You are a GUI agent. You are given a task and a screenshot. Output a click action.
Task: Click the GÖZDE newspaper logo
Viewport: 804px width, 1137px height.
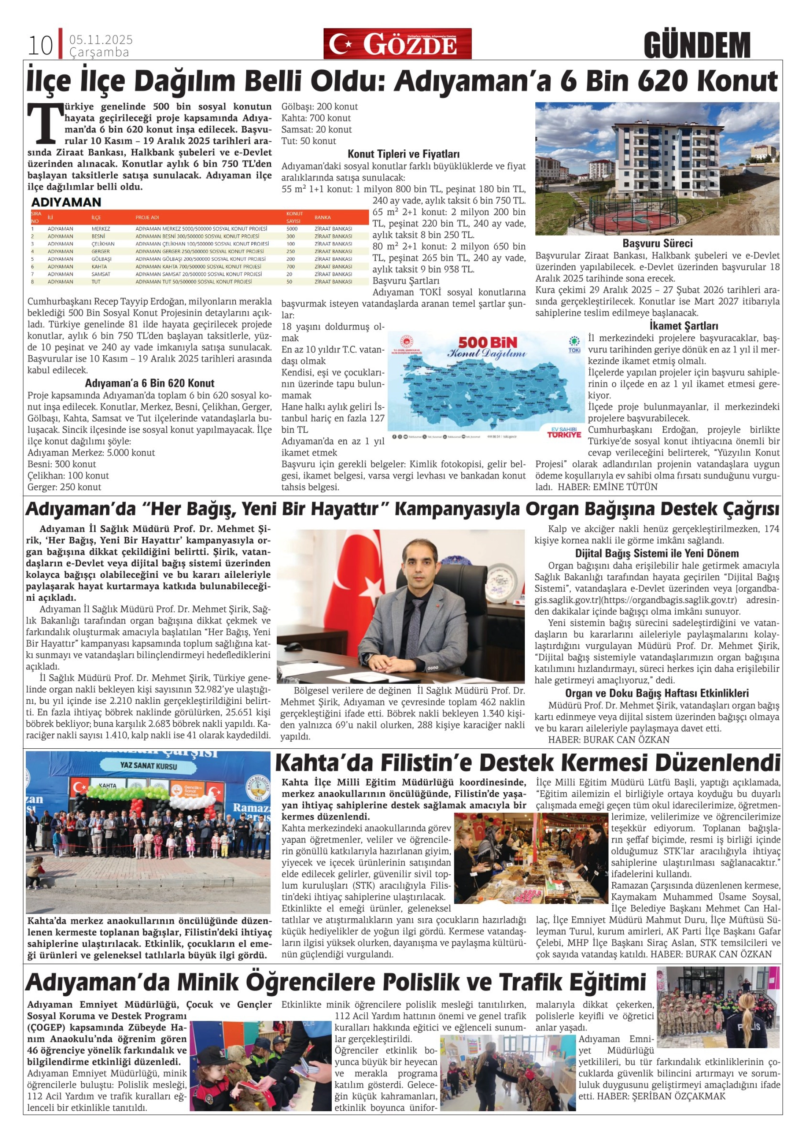click(397, 44)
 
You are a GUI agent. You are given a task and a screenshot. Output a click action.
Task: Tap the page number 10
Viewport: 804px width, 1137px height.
click(40, 46)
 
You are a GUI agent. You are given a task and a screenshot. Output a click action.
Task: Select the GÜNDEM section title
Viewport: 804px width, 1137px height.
click(697, 45)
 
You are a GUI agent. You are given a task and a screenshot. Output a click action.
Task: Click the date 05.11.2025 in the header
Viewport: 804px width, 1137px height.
click(101, 40)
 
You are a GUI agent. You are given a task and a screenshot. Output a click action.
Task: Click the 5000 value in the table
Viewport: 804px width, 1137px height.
click(292, 229)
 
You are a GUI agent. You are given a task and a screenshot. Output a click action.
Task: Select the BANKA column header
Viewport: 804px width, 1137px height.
click(322, 217)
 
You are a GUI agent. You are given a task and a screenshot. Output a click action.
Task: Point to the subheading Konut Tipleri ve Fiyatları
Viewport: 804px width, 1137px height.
click(403, 154)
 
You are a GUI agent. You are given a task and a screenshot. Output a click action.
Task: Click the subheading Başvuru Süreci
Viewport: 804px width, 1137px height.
click(657, 243)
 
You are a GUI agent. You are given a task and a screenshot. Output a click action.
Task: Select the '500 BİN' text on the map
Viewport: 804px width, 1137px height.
click(487, 342)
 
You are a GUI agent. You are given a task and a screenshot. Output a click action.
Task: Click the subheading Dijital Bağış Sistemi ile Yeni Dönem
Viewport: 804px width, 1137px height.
click(656, 553)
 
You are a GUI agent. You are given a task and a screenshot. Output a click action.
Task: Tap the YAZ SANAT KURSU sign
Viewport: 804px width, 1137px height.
click(149, 766)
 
